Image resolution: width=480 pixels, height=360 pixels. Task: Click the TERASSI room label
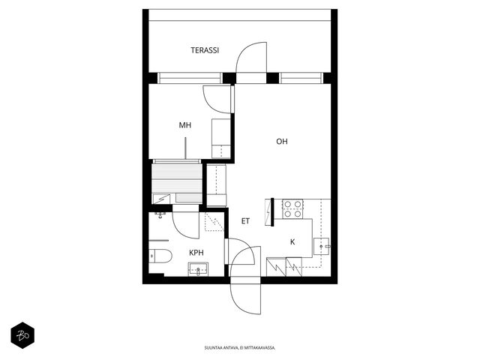pyautogui.click(x=205, y=50)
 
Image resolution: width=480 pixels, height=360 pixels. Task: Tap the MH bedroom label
pyautogui.click(x=185, y=125)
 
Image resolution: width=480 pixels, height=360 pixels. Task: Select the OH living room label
pyautogui.click(x=282, y=142)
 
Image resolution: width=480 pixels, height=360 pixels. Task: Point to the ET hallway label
pyautogui.click(x=245, y=221)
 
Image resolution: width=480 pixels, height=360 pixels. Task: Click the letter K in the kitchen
pyautogui.click(x=292, y=242)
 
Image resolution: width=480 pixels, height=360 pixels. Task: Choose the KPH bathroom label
pyautogui.click(x=196, y=253)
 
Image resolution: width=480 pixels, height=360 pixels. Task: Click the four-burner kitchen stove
pyautogui.click(x=292, y=208)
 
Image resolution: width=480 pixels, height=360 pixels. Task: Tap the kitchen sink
pyautogui.click(x=322, y=247)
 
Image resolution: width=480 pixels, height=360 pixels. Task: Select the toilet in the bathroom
pyautogui.click(x=160, y=256)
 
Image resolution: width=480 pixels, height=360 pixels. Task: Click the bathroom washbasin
pyautogui.click(x=198, y=269)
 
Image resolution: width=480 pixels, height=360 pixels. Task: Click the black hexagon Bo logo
pyautogui.click(x=22, y=335)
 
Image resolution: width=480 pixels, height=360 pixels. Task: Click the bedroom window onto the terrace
pyautogui.click(x=190, y=78)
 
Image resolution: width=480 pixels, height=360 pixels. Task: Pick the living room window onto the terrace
pyautogui.click(x=301, y=78)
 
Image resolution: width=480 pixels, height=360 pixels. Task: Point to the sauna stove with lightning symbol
pyautogui.click(x=161, y=199)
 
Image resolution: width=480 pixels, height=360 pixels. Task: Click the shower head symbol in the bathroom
pyautogui.click(x=160, y=215)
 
